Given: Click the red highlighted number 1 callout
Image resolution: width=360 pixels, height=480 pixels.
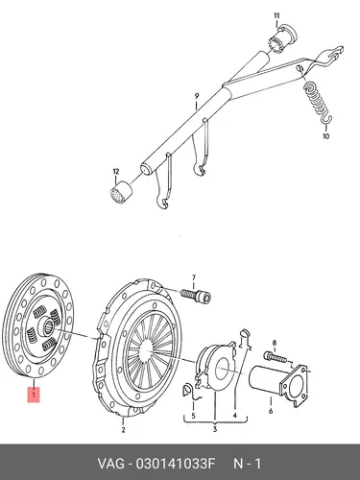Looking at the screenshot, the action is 34,395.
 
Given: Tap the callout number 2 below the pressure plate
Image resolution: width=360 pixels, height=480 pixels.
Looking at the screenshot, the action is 123,430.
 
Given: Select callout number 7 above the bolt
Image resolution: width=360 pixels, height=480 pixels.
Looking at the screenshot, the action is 193,277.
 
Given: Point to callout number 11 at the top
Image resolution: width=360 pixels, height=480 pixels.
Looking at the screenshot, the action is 276,15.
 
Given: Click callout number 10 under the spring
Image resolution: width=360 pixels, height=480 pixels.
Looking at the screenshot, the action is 325,136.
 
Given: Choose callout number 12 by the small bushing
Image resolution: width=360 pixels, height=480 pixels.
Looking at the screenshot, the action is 115,172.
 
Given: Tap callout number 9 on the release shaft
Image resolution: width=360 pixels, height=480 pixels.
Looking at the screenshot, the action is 197,96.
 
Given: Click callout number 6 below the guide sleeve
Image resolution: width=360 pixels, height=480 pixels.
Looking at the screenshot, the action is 271,411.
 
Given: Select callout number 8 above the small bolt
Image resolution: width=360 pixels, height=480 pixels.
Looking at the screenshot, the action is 275,344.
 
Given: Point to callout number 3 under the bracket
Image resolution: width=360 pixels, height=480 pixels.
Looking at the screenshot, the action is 215,429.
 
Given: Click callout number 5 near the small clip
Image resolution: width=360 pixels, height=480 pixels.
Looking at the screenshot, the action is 193,416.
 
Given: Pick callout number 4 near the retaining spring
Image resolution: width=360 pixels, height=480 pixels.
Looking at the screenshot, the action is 234,416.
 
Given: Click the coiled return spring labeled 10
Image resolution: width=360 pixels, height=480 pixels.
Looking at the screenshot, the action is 318,102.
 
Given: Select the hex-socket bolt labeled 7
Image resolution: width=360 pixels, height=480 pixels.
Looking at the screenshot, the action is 196,294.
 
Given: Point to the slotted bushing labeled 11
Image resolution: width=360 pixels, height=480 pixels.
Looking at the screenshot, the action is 281,38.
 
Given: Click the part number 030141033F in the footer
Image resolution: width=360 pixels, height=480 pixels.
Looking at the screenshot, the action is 175,464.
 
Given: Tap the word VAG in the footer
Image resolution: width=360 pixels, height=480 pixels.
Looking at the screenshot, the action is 110,464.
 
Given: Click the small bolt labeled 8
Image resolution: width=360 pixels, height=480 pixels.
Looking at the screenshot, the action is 276,357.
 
